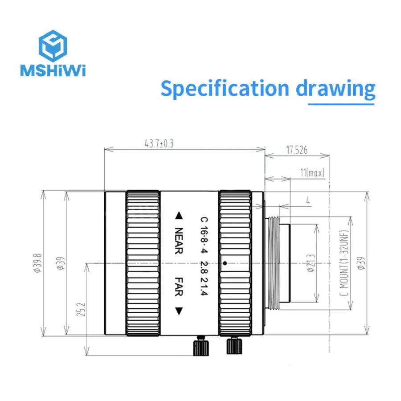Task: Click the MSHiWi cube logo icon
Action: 53,46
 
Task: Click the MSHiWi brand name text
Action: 53,70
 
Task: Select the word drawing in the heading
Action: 336,89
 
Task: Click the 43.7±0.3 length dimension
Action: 159,143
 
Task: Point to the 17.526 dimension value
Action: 297,150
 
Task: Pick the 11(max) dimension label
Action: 312,172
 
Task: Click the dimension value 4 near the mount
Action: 308,201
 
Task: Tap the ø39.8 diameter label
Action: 37,263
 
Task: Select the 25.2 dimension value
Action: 81,309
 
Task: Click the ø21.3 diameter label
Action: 311,263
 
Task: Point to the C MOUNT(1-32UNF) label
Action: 344,263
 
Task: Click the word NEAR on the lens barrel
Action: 179,241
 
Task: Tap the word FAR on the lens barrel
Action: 179,286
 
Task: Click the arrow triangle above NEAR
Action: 179,216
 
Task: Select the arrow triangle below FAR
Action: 179,311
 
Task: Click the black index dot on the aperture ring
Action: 225,263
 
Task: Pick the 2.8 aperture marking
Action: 204,267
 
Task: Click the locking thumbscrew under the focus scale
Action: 201,346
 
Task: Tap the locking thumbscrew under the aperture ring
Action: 234,345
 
